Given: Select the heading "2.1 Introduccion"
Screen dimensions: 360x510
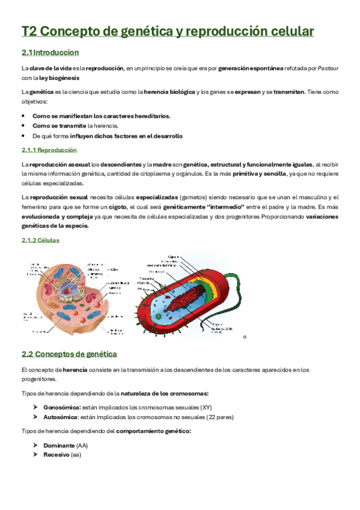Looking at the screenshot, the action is [50, 53].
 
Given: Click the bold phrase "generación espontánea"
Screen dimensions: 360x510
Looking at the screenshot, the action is [251, 69].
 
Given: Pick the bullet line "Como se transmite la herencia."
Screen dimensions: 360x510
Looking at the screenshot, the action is [75, 126].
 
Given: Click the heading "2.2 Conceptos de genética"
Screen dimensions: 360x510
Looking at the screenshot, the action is [69, 354].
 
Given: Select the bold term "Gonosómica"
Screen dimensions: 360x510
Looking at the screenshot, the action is [62, 407].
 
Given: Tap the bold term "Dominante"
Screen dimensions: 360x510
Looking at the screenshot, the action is [59, 445].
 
